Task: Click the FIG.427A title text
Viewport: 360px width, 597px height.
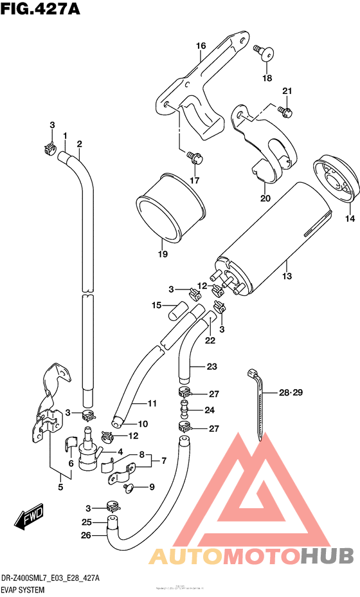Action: click(x=37, y=11)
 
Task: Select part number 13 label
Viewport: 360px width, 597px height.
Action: click(x=287, y=276)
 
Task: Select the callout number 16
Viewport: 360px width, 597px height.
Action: click(x=201, y=46)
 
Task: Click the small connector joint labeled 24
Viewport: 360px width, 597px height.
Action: click(x=184, y=409)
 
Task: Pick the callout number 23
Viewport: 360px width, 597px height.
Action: click(x=212, y=367)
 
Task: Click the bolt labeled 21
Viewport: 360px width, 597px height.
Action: click(x=287, y=113)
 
